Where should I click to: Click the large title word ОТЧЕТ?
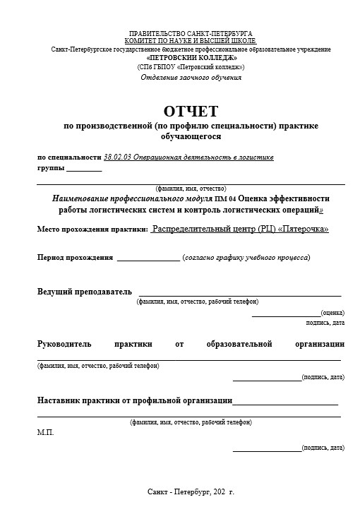pos(191,111)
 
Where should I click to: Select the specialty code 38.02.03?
pos(117,157)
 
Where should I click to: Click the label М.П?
pos(45,432)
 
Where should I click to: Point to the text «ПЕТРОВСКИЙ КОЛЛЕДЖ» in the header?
pos(191,57)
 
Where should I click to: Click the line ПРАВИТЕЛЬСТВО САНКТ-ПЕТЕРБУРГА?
pos(191,34)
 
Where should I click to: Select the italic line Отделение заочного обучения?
pos(191,77)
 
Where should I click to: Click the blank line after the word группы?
pos(84,169)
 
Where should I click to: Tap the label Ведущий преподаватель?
pos(84,291)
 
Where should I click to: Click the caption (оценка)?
pos(332,311)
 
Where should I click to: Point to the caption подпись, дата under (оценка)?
pos(325,322)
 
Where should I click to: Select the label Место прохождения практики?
pos(92,229)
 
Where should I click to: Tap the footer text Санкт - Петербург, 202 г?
pos(191,490)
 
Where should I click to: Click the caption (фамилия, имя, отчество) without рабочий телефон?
pos(191,189)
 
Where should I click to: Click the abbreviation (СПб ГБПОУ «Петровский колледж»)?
pos(191,67)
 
